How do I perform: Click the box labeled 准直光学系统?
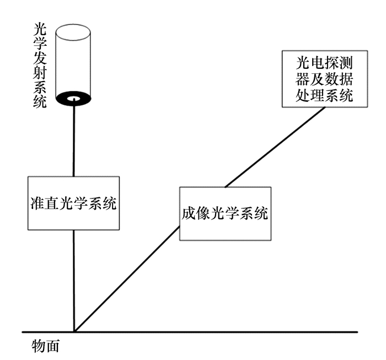click(x=73, y=203)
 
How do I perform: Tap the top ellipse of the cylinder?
click(x=73, y=29)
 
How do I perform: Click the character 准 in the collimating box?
click(x=36, y=203)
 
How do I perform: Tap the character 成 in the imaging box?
click(x=188, y=213)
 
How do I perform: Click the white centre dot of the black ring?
click(x=73, y=99)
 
